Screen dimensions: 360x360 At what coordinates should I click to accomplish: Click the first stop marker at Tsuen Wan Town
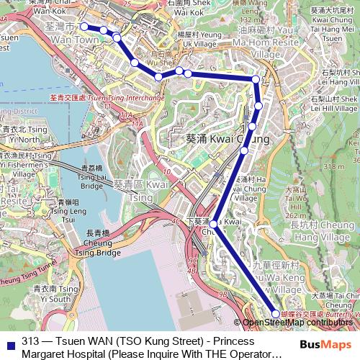click(x=84, y=27)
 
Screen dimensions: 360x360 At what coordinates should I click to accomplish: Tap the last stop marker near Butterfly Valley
click(x=275, y=313)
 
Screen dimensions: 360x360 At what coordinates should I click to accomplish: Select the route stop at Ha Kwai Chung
click(x=244, y=150)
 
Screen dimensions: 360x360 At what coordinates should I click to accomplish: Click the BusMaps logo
click(x=325, y=344)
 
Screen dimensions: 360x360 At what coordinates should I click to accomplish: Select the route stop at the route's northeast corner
click(x=256, y=78)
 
